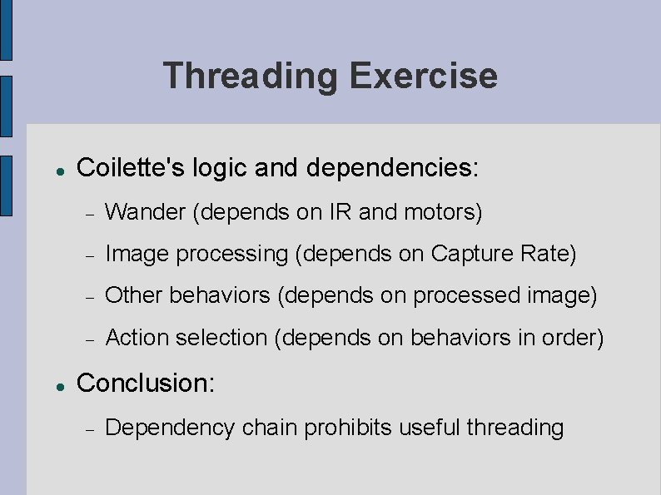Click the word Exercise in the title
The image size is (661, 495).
click(x=423, y=77)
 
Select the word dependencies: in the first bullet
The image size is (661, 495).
click(x=392, y=167)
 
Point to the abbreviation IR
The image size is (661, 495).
click(x=340, y=213)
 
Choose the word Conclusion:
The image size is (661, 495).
click(x=146, y=383)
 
